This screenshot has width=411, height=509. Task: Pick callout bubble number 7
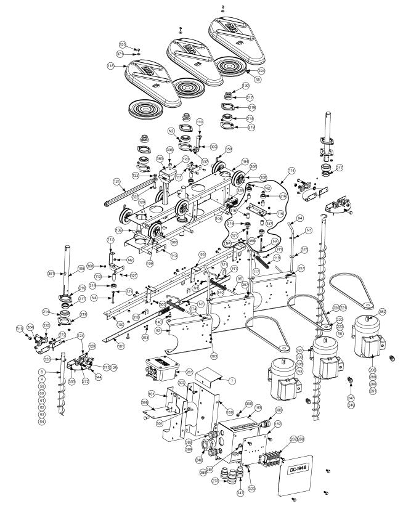tap(232, 382)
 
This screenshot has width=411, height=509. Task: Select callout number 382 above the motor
tap(382, 312)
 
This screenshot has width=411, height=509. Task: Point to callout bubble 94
tap(300, 219)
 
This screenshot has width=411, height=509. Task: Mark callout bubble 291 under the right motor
tap(372, 390)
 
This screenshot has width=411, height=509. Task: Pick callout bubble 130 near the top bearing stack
tap(245, 85)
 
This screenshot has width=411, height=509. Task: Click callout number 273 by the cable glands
tap(215, 480)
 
